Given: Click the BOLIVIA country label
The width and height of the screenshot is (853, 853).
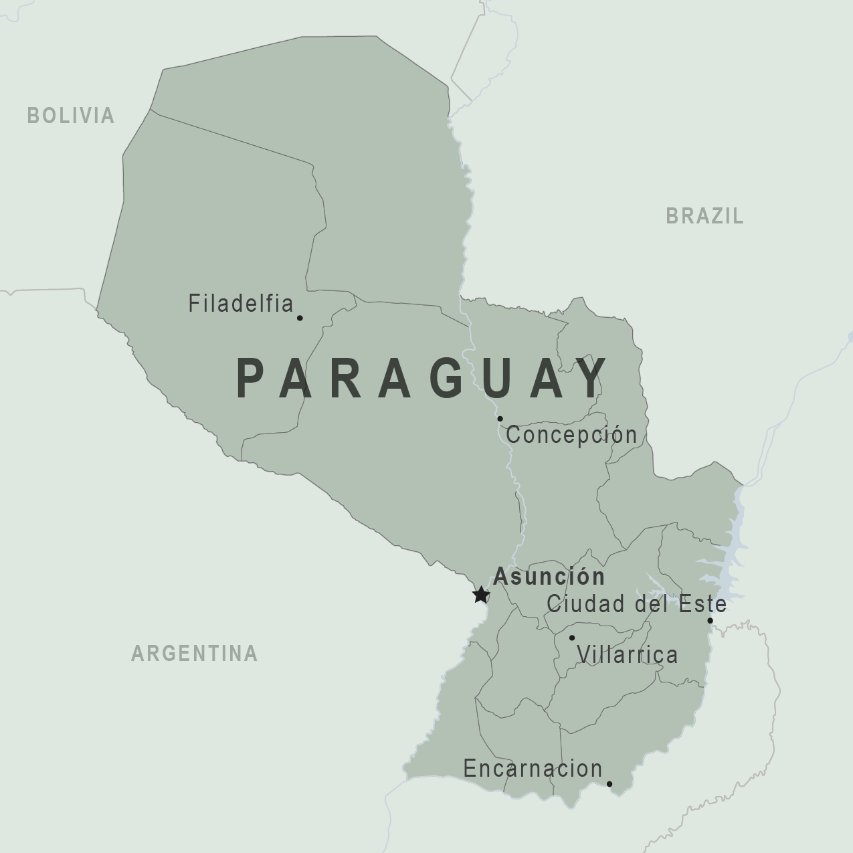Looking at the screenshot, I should [71, 116].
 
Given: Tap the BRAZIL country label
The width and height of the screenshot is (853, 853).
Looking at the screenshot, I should [704, 216].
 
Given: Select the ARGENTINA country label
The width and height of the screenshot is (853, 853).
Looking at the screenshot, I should [194, 653].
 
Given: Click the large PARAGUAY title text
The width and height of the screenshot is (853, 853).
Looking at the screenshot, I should [422, 379].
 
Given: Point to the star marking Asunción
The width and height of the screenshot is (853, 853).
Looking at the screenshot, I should [480, 594].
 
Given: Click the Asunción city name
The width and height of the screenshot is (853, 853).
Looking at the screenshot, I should [549, 576].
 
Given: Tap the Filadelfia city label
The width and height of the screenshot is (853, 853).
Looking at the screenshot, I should [241, 304].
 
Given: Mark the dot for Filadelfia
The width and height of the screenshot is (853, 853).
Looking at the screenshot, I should [300, 318].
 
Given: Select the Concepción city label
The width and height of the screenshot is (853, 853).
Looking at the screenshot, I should [571, 435].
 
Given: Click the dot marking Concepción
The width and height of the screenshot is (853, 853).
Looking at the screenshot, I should [500, 419].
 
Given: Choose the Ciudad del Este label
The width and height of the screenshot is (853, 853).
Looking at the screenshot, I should [636, 604].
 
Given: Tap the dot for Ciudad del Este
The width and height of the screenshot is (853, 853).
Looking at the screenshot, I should [710, 620].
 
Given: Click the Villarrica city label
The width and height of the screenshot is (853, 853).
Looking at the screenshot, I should [628, 654].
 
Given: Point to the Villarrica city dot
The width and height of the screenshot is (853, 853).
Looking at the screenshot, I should [572, 638].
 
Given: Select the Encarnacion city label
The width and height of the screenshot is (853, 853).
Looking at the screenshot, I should [533, 769].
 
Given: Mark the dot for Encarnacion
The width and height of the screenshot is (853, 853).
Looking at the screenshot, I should [609, 784].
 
